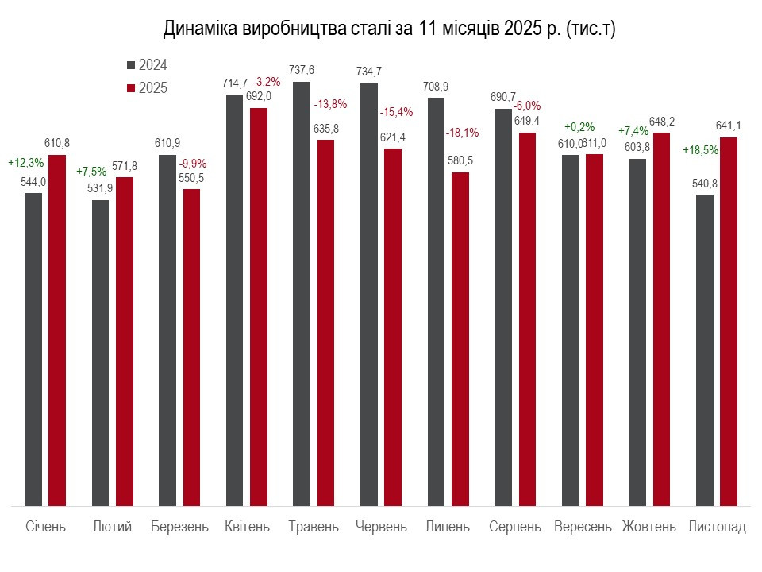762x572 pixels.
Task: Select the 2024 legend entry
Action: (x=148, y=65)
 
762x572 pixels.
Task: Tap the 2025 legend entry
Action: (x=148, y=88)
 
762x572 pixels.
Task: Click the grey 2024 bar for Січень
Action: (x=33, y=350)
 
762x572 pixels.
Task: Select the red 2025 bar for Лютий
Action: (x=125, y=342)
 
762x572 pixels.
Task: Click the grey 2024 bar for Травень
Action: (x=302, y=294)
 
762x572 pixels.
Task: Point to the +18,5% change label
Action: (x=701, y=149)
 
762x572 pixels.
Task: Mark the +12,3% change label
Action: (x=25, y=162)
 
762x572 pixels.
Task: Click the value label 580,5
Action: (x=460, y=160)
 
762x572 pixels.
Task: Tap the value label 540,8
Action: (x=704, y=183)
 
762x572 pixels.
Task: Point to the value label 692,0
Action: (x=259, y=96)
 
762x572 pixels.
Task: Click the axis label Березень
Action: (x=179, y=527)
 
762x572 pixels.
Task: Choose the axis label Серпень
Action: (x=515, y=527)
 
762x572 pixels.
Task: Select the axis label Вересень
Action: (x=583, y=527)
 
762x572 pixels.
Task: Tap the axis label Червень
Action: (x=381, y=527)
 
